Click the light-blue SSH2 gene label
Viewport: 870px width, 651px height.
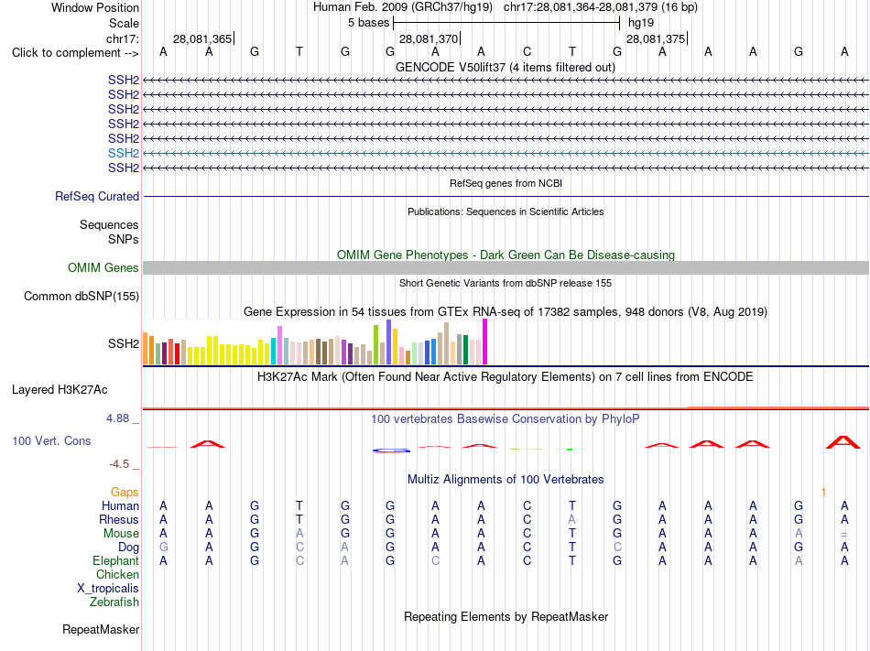click(x=124, y=153)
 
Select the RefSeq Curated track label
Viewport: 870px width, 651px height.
click(x=97, y=196)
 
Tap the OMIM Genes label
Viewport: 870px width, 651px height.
click(x=103, y=268)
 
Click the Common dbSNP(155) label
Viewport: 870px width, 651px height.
click(x=82, y=296)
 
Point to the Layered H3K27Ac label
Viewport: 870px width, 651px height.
click(x=60, y=390)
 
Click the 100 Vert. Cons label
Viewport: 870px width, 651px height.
click(x=51, y=440)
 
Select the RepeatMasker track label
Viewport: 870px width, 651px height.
click(x=101, y=629)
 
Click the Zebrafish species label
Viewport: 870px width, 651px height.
click(x=114, y=602)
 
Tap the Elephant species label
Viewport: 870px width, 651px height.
click(x=116, y=560)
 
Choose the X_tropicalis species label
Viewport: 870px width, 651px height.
click(x=108, y=589)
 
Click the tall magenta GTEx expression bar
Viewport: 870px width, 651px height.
click(x=485, y=342)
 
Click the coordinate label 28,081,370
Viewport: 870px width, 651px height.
click(x=429, y=38)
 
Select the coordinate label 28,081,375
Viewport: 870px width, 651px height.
click(x=656, y=38)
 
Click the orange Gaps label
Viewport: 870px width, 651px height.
click(x=125, y=492)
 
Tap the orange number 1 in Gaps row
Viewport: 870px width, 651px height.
click(x=823, y=492)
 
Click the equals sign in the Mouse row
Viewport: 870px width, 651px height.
click(x=844, y=535)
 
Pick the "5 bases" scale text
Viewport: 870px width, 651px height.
click(x=369, y=23)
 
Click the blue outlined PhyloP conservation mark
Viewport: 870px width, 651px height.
click(x=392, y=450)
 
